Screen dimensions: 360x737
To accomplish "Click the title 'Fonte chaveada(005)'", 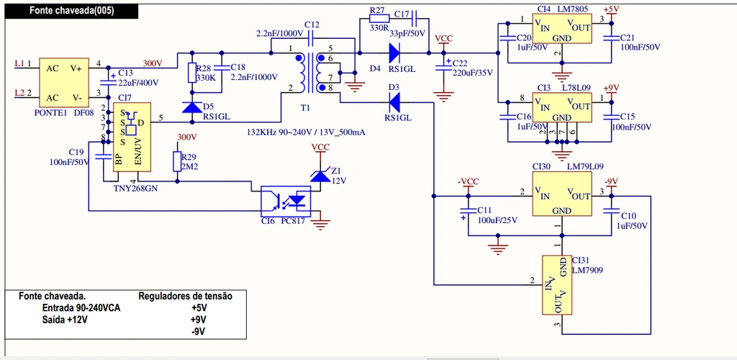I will pyautogui.click(x=71, y=11).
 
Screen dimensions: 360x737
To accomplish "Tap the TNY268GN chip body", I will pyautogui.click(x=130, y=137).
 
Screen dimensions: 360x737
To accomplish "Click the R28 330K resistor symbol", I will pyautogui.click(x=192, y=73).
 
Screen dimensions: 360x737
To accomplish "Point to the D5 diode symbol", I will pyautogui.click(x=192, y=107).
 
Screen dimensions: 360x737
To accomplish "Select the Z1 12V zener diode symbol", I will pyautogui.click(x=320, y=176).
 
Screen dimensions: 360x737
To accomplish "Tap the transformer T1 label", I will pyautogui.click(x=306, y=107).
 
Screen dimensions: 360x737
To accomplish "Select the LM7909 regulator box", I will pyautogui.click(x=556, y=285).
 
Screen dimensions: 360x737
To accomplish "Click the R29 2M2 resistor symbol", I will pyautogui.click(x=177, y=161).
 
